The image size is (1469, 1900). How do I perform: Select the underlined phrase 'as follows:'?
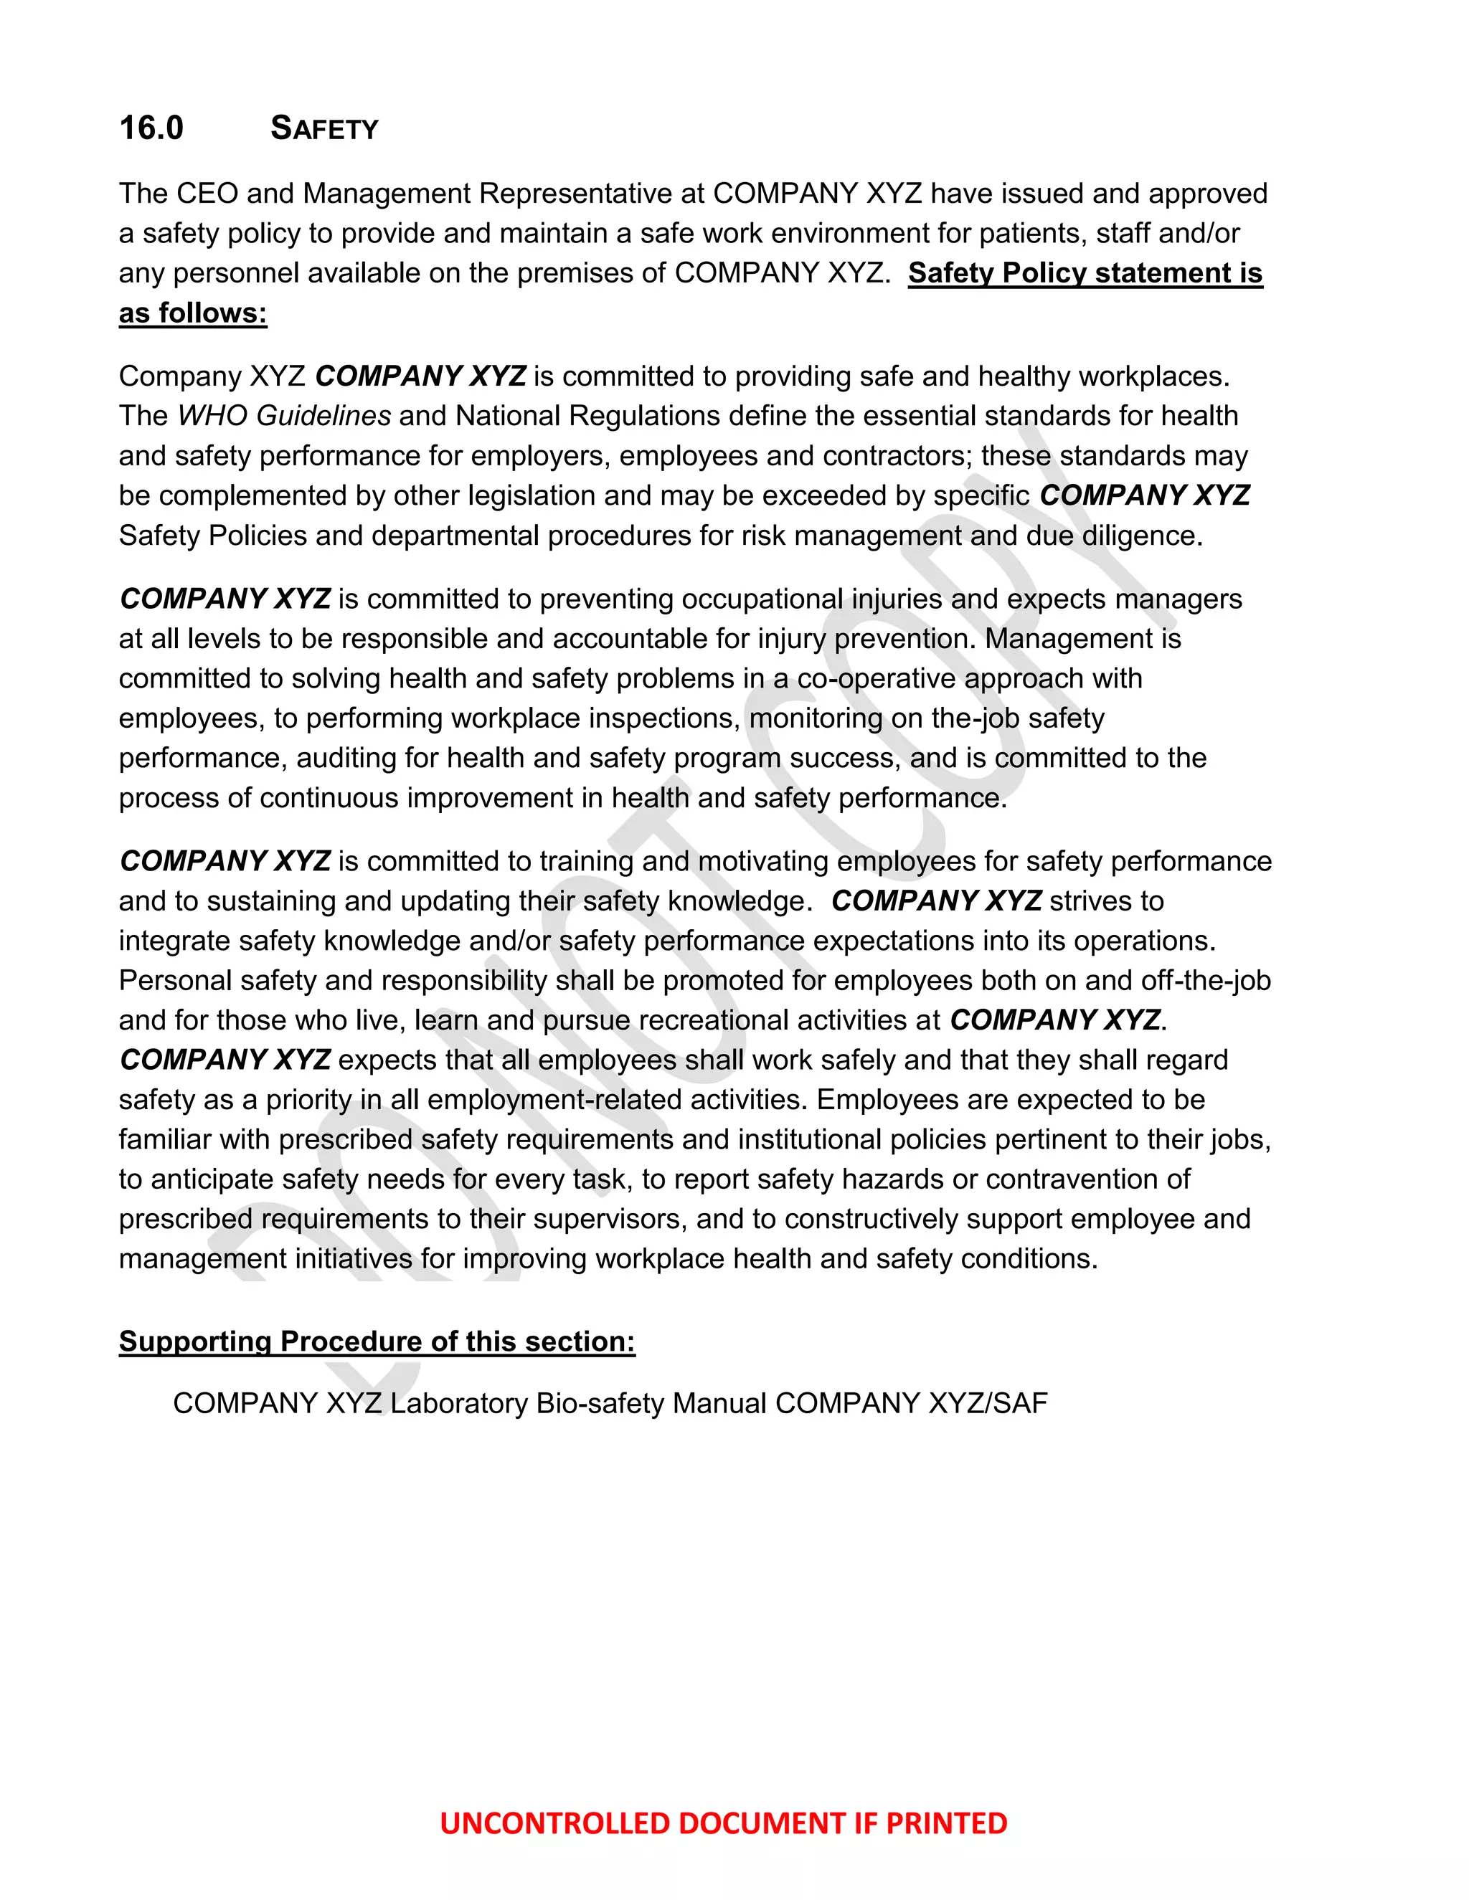click(x=192, y=313)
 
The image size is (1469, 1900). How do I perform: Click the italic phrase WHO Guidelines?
click(x=284, y=416)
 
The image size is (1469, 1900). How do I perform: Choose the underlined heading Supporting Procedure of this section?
click(x=377, y=1341)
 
